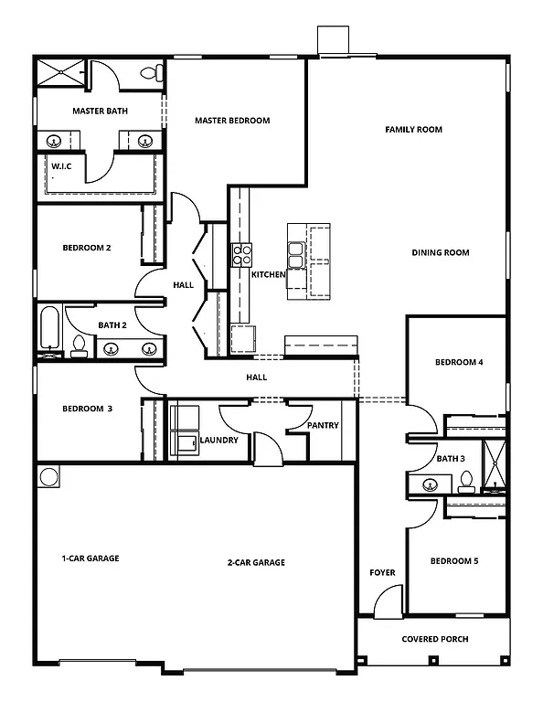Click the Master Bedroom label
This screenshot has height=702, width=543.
[x=232, y=121]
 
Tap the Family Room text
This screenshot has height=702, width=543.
[x=413, y=130]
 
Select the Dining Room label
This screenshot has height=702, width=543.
[x=440, y=253]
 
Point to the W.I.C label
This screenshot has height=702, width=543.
[x=62, y=166]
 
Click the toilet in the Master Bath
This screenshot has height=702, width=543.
[x=150, y=72]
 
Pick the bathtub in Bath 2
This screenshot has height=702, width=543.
[x=48, y=329]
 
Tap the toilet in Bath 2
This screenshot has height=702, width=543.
[x=79, y=346]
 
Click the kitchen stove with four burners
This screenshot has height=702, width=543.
[x=241, y=254]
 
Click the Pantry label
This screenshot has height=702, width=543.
[x=323, y=425]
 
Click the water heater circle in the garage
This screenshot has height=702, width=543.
[x=48, y=477]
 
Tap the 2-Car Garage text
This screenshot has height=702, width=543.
[x=256, y=563]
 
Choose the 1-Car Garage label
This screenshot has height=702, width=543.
[x=90, y=558]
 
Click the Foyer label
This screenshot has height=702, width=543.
[x=382, y=573]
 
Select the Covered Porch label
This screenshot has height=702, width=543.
[x=435, y=639]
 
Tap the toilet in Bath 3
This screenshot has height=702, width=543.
[x=466, y=481]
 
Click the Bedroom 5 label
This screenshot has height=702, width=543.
[x=454, y=561]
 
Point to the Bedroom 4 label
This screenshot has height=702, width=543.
[x=459, y=363]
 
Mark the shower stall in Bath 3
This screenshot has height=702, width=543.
[x=494, y=467]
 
